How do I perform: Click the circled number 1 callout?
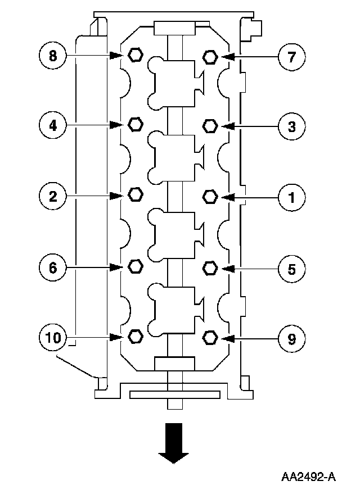pyautogui.click(x=292, y=197)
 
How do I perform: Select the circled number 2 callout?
pyautogui.click(x=52, y=196)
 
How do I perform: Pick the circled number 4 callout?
pyautogui.click(x=52, y=125)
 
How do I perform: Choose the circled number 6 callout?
pyautogui.click(x=52, y=267)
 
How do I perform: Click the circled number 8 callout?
pyautogui.click(x=52, y=55)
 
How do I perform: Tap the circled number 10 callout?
pyautogui.click(x=52, y=337)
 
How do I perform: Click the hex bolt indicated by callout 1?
pyautogui.click(x=210, y=196)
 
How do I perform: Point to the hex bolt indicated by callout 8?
pyautogui.click(x=134, y=55)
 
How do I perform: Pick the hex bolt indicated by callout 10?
pyautogui.click(x=134, y=337)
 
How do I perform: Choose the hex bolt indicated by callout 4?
pyautogui.click(x=134, y=124)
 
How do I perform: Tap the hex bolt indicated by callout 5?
pyautogui.click(x=210, y=267)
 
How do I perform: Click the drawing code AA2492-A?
pyautogui.click(x=309, y=478)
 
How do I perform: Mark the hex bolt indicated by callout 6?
pyautogui.click(x=134, y=266)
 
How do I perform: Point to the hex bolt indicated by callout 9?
pyautogui.click(x=210, y=337)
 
